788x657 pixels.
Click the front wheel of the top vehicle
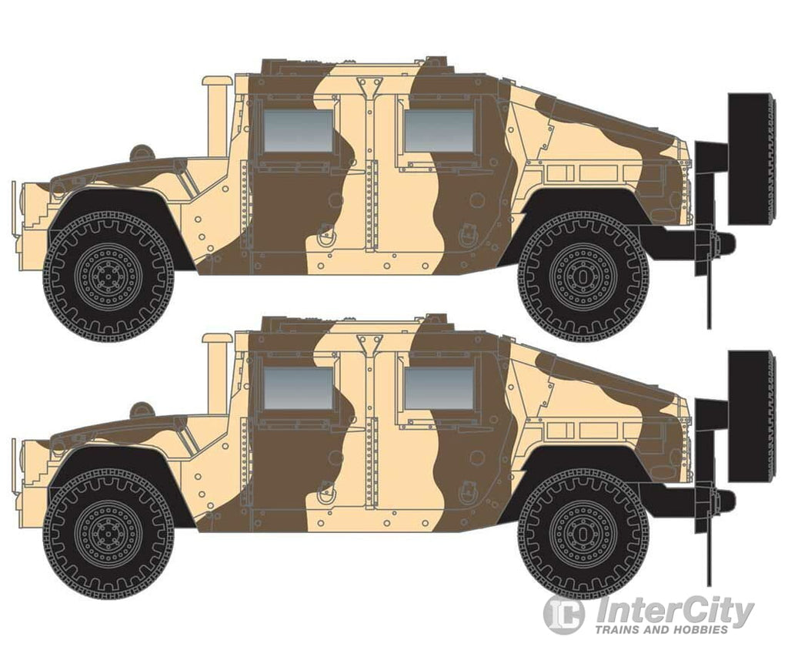(x=109, y=277)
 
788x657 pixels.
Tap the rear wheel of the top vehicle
(x=583, y=277)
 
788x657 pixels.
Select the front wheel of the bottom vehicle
(x=109, y=534)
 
